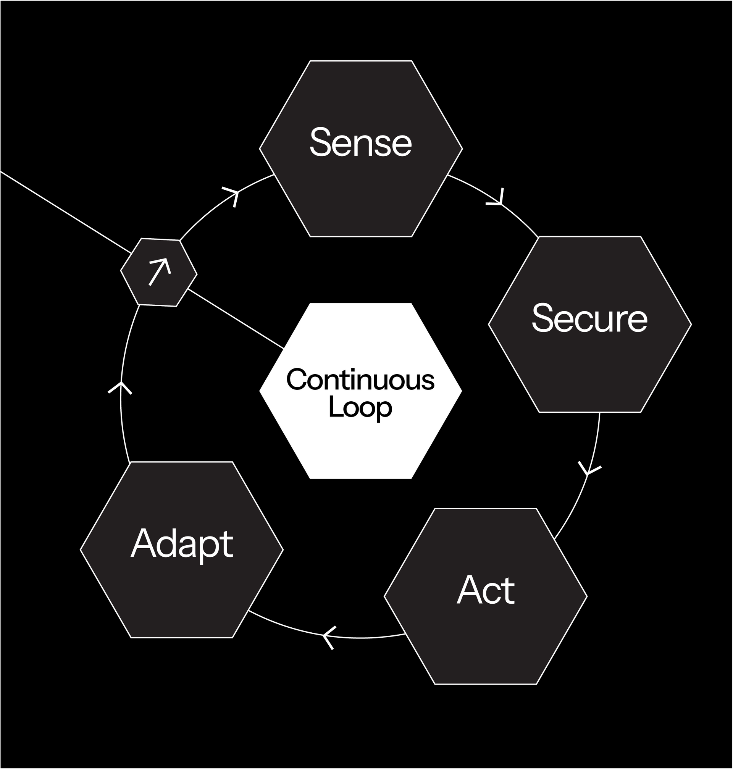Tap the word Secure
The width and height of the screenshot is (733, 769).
pyautogui.click(x=589, y=318)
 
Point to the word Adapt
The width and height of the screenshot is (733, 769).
pyautogui.click(x=182, y=544)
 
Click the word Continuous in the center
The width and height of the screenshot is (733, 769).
pyautogui.click(x=360, y=380)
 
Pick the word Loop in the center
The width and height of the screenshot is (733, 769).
pyautogui.click(x=360, y=407)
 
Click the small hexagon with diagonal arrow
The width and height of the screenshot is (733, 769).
pyautogui.click(x=159, y=272)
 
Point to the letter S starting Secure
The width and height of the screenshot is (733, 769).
pyautogui.click(x=542, y=318)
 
